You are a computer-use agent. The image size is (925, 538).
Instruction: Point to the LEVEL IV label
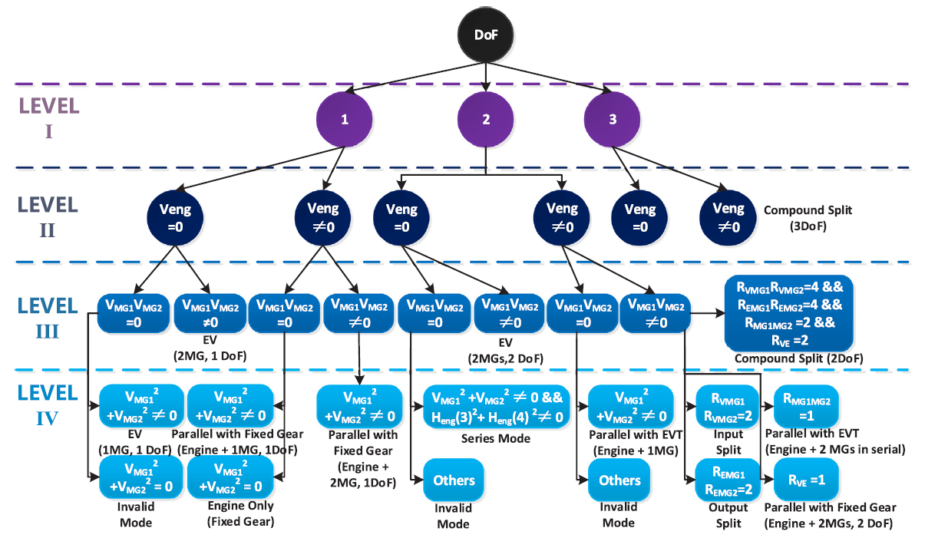[x=48, y=407]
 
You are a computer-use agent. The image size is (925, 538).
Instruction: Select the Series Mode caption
[x=497, y=439]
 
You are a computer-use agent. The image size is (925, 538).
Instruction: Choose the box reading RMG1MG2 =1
[x=805, y=406]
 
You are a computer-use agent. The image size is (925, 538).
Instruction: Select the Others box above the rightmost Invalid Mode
[x=619, y=480]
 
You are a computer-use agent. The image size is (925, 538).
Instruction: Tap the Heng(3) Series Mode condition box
[x=497, y=406]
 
